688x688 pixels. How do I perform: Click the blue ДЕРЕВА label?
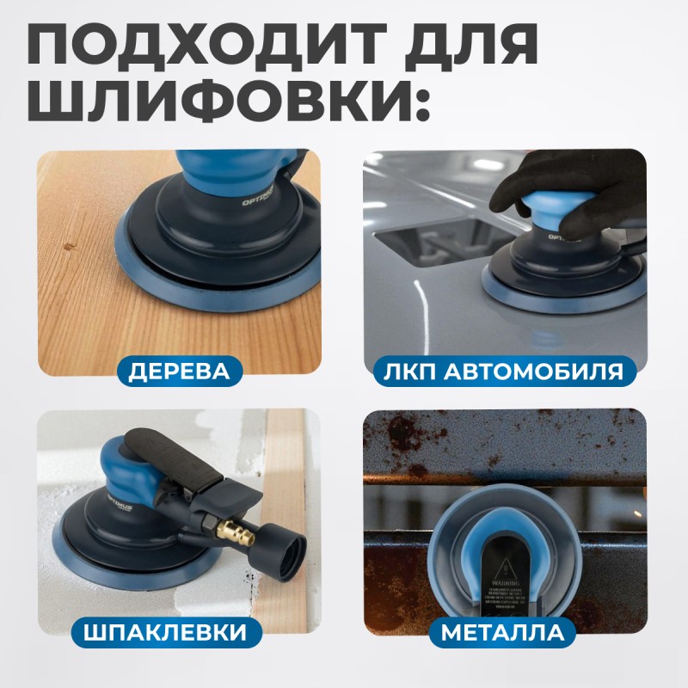180,372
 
